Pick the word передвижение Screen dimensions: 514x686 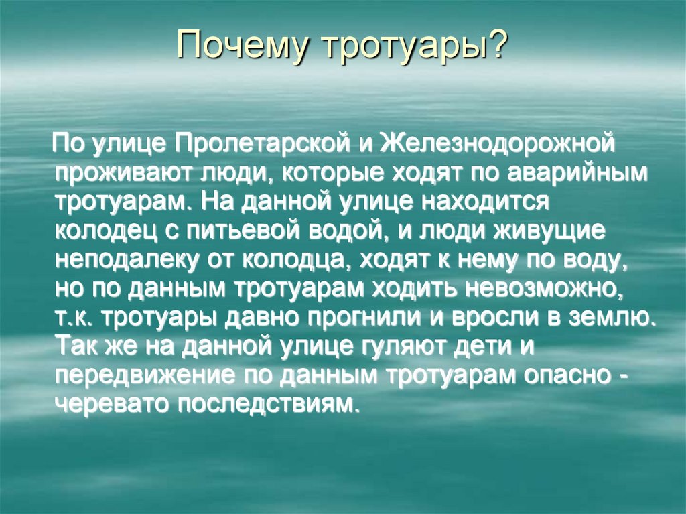coord(142,376)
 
